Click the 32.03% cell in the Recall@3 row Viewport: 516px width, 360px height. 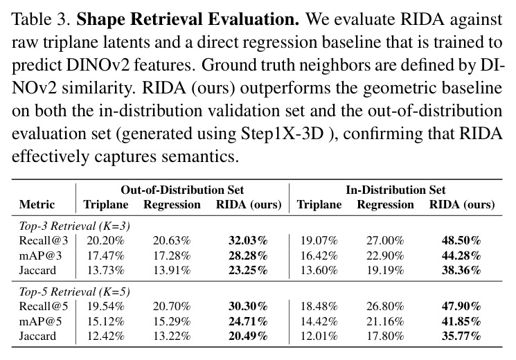(x=248, y=240)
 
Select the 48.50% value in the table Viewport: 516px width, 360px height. (x=461, y=240)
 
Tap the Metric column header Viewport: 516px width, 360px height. (x=37, y=204)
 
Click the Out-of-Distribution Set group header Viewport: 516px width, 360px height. (x=182, y=190)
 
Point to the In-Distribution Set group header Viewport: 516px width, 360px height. (x=395, y=190)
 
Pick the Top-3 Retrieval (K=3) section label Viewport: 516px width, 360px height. (x=75, y=226)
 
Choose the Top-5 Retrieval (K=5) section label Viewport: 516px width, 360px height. (x=75, y=292)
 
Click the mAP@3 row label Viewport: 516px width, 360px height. (x=40, y=255)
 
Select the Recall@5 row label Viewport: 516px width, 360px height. (x=44, y=307)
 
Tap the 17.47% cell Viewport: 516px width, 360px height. (x=106, y=255)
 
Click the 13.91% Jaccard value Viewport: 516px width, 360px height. (x=172, y=270)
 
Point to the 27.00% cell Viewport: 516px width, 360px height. (x=385, y=240)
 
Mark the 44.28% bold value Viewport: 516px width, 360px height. (x=461, y=255)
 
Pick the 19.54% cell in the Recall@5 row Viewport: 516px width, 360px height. (x=106, y=307)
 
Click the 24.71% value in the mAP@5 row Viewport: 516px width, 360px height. (x=248, y=321)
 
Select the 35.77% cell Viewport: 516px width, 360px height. (x=461, y=336)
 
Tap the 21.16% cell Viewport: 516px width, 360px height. (x=385, y=321)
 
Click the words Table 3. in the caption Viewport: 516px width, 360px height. (x=41, y=19)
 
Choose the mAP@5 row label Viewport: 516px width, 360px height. (x=40, y=321)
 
